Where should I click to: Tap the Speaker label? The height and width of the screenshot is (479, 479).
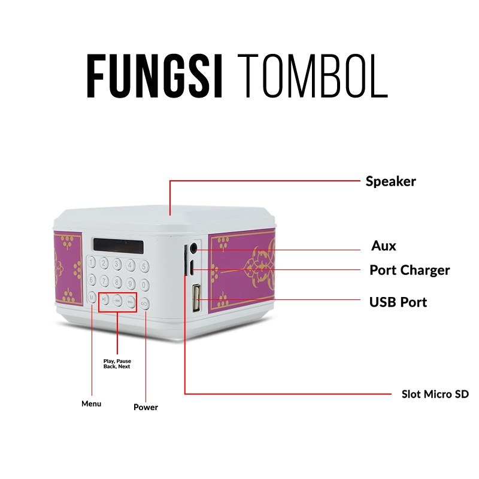point(390,181)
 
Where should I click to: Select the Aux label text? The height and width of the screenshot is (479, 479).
point(384,246)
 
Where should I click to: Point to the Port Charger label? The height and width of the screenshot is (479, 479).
point(410,270)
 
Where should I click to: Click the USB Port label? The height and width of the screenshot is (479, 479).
point(398,302)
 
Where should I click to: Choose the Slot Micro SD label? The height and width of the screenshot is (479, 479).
point(435,394)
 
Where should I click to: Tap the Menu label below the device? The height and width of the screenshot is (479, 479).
point(91,404)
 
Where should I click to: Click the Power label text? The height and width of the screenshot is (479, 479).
point(145,407)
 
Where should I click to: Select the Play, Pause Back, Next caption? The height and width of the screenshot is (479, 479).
point(117,363)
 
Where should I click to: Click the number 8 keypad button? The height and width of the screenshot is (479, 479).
point(118,281)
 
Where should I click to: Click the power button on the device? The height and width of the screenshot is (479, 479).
point(145,304)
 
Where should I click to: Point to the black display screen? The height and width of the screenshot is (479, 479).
point(119,245)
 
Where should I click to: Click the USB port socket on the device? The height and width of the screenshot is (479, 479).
point(196,299)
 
